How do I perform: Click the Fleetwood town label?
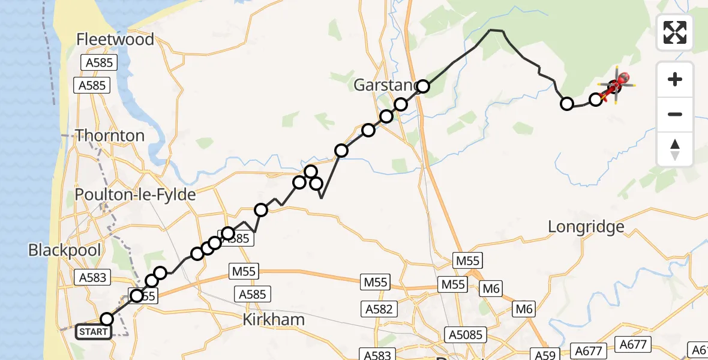(x=115, y=40)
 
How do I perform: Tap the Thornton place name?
(x=110, y=136)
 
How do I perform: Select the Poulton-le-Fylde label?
(x=136, y=195)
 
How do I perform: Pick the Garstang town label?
(x=384, y=85)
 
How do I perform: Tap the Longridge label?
(x=586, y=227)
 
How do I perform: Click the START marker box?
(x=94, y=332)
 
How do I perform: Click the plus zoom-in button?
(x=675, y=79)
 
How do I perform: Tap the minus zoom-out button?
(x=675, y=114)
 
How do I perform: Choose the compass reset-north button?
(x=675, y=149)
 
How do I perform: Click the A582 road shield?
(x=380, y=309)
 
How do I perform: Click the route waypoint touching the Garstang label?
(x=423, y=86)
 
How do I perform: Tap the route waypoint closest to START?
(x=107, y=319)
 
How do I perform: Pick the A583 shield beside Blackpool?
(x=92, y=277)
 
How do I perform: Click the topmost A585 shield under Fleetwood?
(x=98, y=62)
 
